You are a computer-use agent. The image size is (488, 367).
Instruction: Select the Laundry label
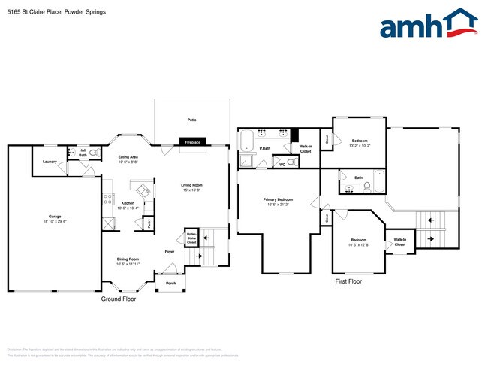coord(50,162)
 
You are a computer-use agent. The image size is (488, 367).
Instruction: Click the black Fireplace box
coord(193,141)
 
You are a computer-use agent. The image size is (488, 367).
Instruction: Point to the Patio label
coord(192,119)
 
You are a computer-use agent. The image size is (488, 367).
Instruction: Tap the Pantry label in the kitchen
coord(149,223)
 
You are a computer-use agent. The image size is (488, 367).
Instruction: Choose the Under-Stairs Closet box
coord(191,238)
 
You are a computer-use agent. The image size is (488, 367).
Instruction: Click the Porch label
coord(170,284)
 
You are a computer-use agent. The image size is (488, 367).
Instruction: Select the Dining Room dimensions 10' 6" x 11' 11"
coord(128,264)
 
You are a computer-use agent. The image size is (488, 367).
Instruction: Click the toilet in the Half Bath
coord(95,153)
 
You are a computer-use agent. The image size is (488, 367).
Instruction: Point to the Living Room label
coord(191,184)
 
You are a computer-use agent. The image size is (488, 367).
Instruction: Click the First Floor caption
coord(348,281)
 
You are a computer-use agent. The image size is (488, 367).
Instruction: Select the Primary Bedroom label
coord(278,199)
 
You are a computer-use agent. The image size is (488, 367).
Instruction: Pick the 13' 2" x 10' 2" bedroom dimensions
coord(360,145)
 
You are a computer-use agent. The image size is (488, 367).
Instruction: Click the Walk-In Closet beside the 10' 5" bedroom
coord(399,242)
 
